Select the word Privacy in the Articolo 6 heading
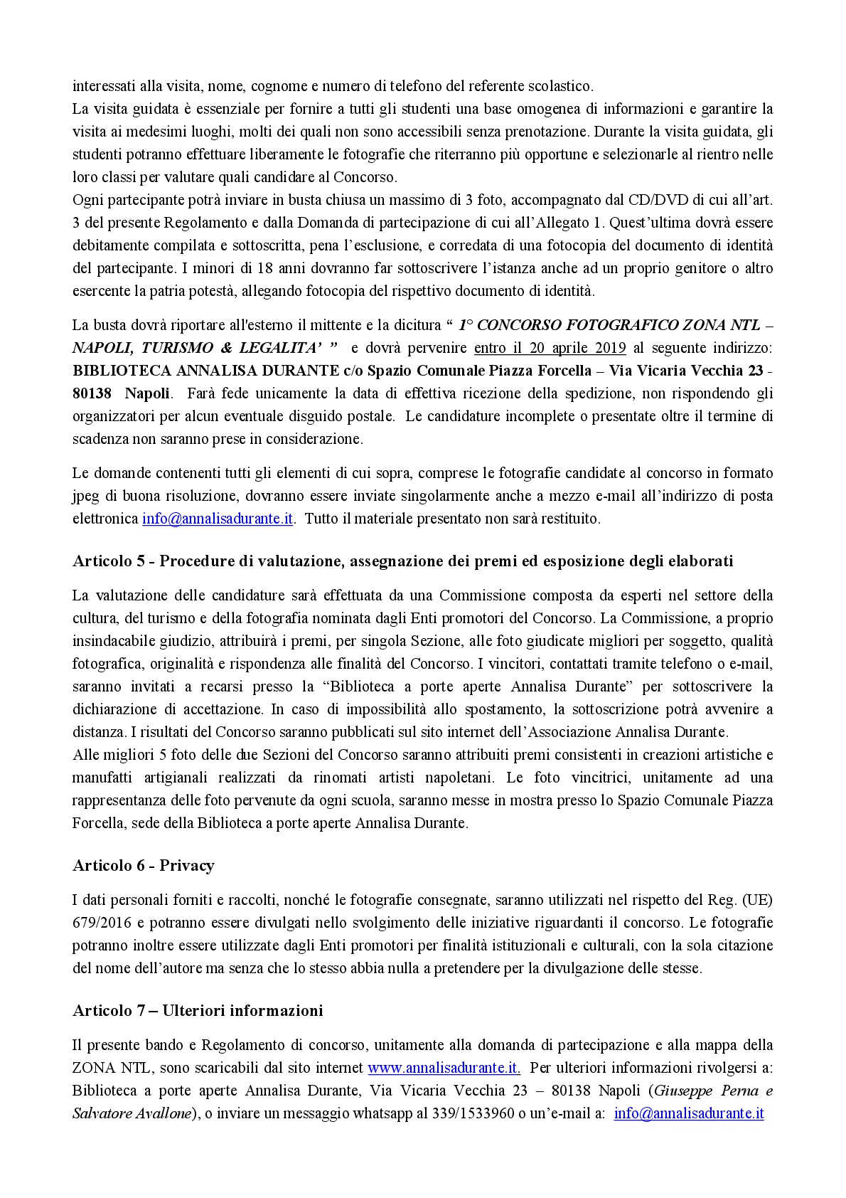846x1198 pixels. [186, 866]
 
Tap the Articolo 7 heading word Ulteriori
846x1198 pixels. [196, 1011]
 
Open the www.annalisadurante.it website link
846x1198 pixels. [444, 1068]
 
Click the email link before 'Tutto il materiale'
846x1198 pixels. [218, 519]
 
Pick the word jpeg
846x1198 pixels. [86, 496]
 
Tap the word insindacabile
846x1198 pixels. [117, 641]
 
